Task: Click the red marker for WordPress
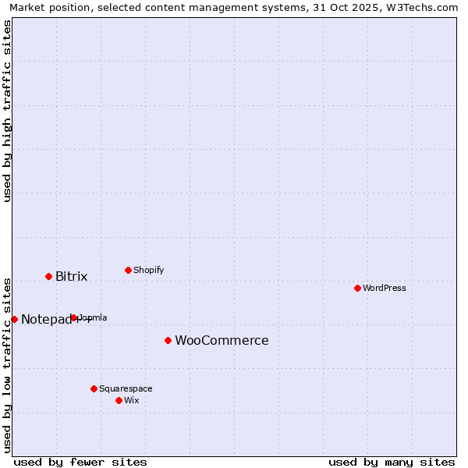(x=357, y=288)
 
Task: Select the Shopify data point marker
(x=128, y=270)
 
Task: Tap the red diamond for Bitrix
(x=48, y=276)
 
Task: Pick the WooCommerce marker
(x=168, y=340)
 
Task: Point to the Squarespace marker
(x=94, y=388)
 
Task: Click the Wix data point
(x=119, y=400)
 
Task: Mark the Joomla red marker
(x=74, y=317)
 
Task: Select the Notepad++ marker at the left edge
(x=14, y=319)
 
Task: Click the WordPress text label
(x=384, y=288)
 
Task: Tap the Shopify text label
(x=148, y=270)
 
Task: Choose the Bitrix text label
(x=71, y=277)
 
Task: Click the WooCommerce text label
(x=222, y=341)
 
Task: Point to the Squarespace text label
(x=126, y=388)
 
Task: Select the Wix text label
(x=131, y=400)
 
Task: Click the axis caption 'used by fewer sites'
(x=80, y=462)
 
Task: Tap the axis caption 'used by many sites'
(x=392, y=462)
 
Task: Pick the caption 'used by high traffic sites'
(x=7, y=111)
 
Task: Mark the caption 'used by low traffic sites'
(x=7, y=365)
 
